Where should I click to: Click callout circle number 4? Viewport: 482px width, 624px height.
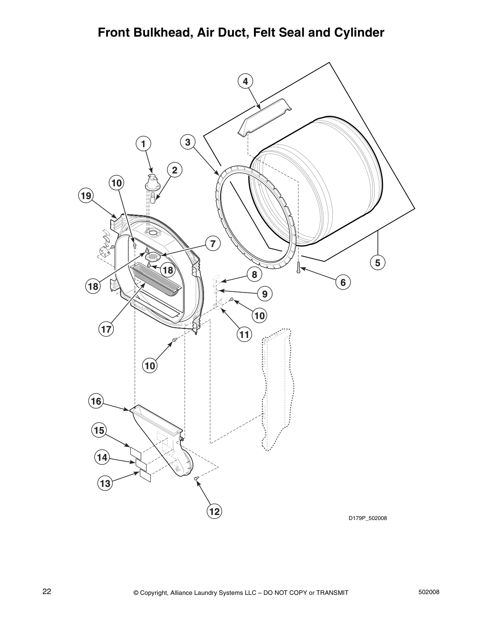tap(245, 82)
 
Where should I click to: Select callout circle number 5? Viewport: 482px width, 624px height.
tap(377, 262)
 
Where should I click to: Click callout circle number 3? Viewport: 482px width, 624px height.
tap(188, 142)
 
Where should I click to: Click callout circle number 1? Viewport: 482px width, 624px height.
tap(143, 144)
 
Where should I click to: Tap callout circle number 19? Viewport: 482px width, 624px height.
tap(86, 195)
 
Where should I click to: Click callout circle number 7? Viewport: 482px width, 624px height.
tap(213, 244)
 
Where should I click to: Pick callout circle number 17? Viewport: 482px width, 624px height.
tap(106, 329)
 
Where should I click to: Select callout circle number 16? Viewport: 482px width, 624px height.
tap(96, 401)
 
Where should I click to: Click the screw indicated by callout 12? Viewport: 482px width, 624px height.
tap(197, 478)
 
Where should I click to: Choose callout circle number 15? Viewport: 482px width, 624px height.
tap(99, 430)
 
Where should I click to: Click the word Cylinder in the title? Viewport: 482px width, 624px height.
tap(359, 32)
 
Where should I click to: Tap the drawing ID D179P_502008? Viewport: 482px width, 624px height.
tap(367, 518)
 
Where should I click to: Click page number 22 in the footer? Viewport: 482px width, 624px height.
tap(47, 592)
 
